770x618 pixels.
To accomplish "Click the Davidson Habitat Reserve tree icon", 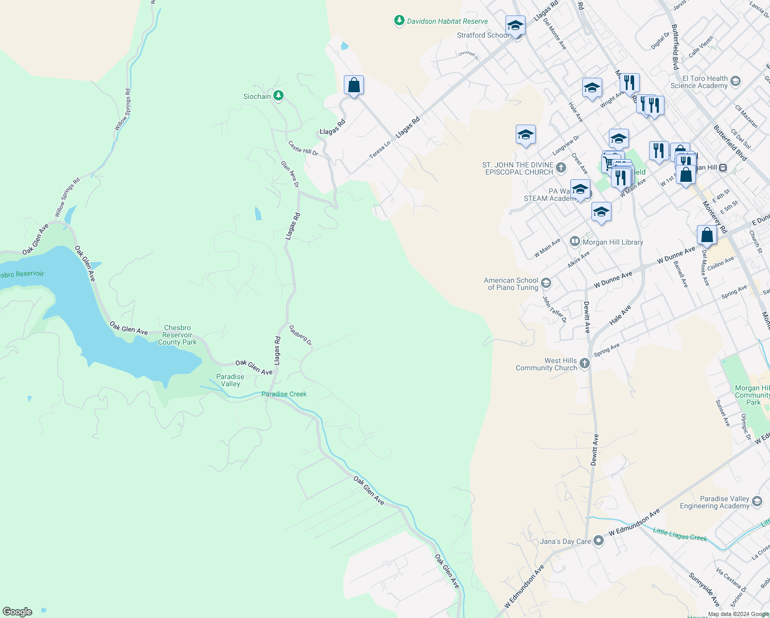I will coord(399,21).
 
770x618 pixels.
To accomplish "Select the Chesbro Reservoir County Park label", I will coord(177,335).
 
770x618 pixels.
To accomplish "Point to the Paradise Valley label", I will coord(230,380).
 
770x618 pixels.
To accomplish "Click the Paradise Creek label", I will coord(284,394).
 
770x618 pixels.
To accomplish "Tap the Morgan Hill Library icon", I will coord(575,242).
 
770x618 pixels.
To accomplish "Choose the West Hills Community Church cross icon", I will coord(584,363).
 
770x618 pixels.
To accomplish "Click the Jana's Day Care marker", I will coord(598,541).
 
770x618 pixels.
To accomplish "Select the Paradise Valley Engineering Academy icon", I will coord(757,501).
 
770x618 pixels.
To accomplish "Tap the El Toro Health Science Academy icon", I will coord(736,81).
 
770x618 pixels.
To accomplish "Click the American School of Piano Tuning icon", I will coord(546,283).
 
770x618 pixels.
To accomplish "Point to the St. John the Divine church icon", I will coord(561,167).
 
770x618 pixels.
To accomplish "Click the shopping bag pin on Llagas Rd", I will coord(354,85).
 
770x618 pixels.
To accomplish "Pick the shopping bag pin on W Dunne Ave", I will coord(707,235).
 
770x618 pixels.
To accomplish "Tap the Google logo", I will coord(17,611).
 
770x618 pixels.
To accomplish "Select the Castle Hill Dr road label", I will coord(303,148).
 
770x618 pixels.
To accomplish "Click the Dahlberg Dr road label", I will coord(301,335).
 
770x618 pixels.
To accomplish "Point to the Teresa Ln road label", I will coord(380,150).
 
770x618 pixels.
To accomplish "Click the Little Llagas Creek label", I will coord(680,534).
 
